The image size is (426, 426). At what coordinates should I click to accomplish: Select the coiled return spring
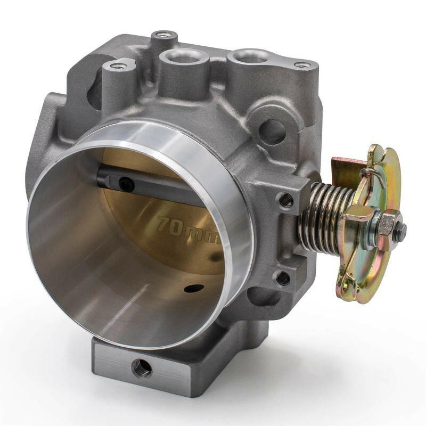click(x=325, y=213)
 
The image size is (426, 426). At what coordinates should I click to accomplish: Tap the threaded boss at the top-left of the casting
click(x=118, y=66)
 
